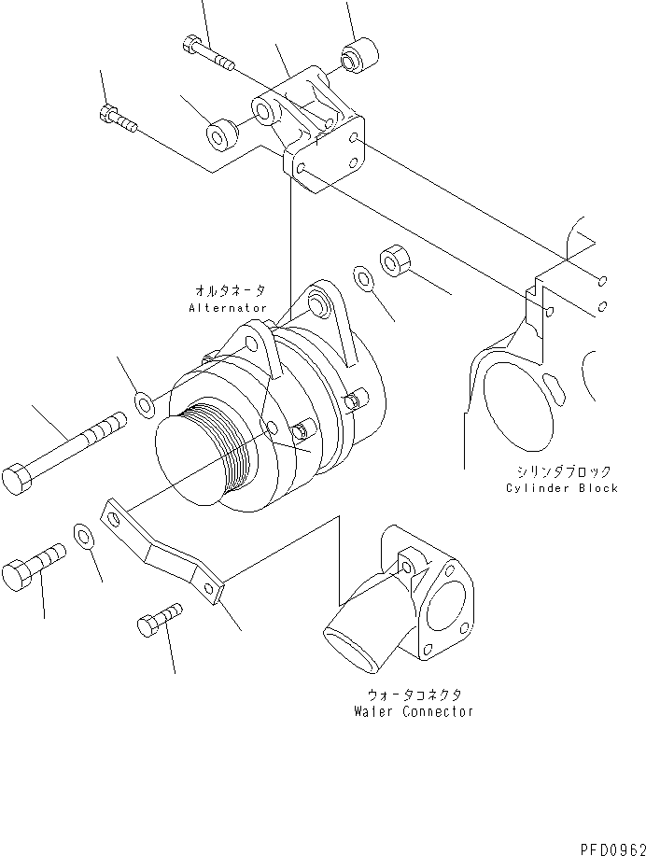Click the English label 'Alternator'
228,307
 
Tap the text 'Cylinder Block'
562,488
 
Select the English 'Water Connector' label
413,711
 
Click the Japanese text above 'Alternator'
229,291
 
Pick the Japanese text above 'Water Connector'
414,695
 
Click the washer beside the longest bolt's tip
146,403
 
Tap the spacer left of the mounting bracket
220,134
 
